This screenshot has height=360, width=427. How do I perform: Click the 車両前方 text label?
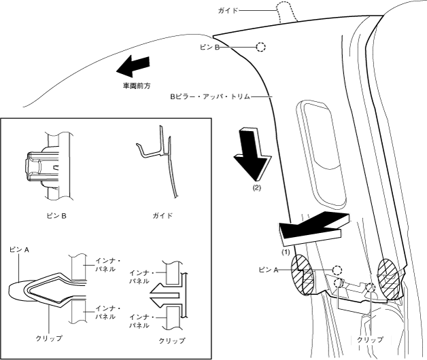click(137, 86)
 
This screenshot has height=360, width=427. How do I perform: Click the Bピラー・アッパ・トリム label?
click(210, 97)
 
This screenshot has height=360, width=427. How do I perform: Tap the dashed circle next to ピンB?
click(260, 48)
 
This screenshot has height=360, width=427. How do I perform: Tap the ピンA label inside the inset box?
click(19, 249)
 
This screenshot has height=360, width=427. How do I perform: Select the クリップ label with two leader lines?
click(370, 339)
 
